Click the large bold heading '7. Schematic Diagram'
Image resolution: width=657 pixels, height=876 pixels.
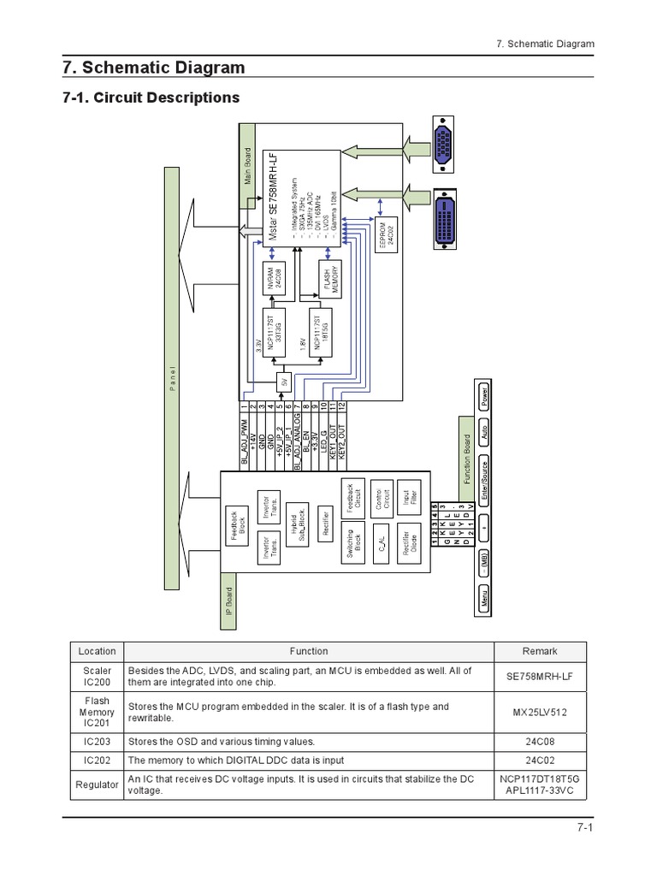(x=153, y=68)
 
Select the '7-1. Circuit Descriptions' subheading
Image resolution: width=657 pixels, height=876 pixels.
(x=151, y=98)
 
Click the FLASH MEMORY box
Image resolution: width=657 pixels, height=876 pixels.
(x=331, y=275)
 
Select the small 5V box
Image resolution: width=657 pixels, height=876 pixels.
(x=284, y=381)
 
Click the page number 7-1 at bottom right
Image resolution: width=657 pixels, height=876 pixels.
(x=584, y=827)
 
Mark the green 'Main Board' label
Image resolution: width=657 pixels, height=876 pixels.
(x=248, y=167)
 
